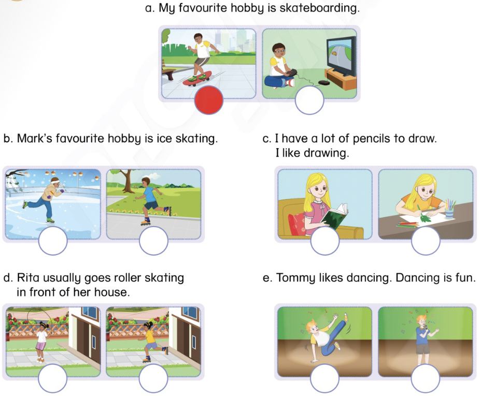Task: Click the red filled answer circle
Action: pos(209,100)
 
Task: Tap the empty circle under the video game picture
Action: pos(309,100)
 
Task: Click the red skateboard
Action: pos(197,79)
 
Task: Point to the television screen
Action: pos(341,56)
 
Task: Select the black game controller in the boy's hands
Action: pos(291,73)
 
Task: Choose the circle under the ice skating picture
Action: pos(53,241)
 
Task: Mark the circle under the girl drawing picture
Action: pos(426,241)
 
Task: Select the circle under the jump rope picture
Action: pos(53,378)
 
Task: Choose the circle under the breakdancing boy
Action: pos(324,378)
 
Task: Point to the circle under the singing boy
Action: pos(426,378)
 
